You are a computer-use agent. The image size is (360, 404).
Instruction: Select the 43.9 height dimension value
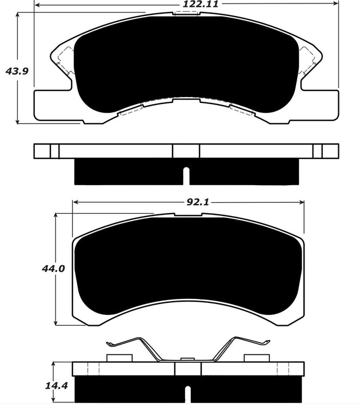point(16,71)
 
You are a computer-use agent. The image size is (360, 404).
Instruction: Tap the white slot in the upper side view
point(186,175)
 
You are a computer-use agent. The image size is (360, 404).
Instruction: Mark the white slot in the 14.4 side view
point(187,394)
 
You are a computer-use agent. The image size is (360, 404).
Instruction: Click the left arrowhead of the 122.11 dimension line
point(38,5)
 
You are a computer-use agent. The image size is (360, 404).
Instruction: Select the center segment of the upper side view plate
point(186,151)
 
